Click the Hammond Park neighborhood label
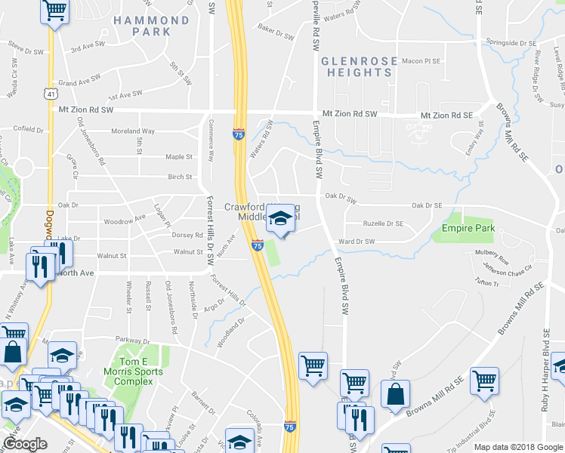[151, 26]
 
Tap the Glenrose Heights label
[356, 66]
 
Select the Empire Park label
[468, 227]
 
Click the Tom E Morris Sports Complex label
[134, 371]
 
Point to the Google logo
[25, 444]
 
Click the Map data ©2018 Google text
[518, 447]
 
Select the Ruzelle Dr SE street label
[383, 223]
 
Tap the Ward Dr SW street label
[357, 242]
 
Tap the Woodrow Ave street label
[125, 219]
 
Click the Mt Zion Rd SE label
[446, 116]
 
